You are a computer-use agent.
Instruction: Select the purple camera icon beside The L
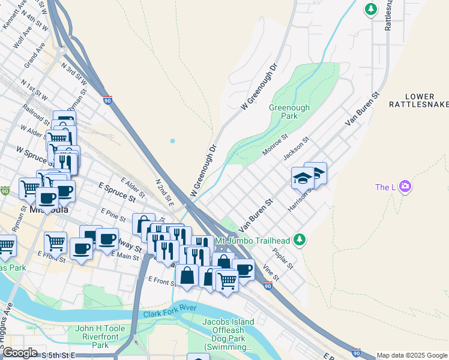(405, 187)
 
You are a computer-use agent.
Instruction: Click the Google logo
(20, 353)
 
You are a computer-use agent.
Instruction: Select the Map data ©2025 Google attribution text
(411, 355)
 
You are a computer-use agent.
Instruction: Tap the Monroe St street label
(275, 145)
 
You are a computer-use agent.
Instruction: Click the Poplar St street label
(282, 257)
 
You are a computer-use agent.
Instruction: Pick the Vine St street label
(271, 274)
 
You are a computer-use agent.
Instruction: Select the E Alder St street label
(132, 187)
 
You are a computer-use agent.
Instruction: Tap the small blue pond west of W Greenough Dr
(173, 141)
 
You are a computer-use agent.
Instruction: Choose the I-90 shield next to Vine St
(268, 287)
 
